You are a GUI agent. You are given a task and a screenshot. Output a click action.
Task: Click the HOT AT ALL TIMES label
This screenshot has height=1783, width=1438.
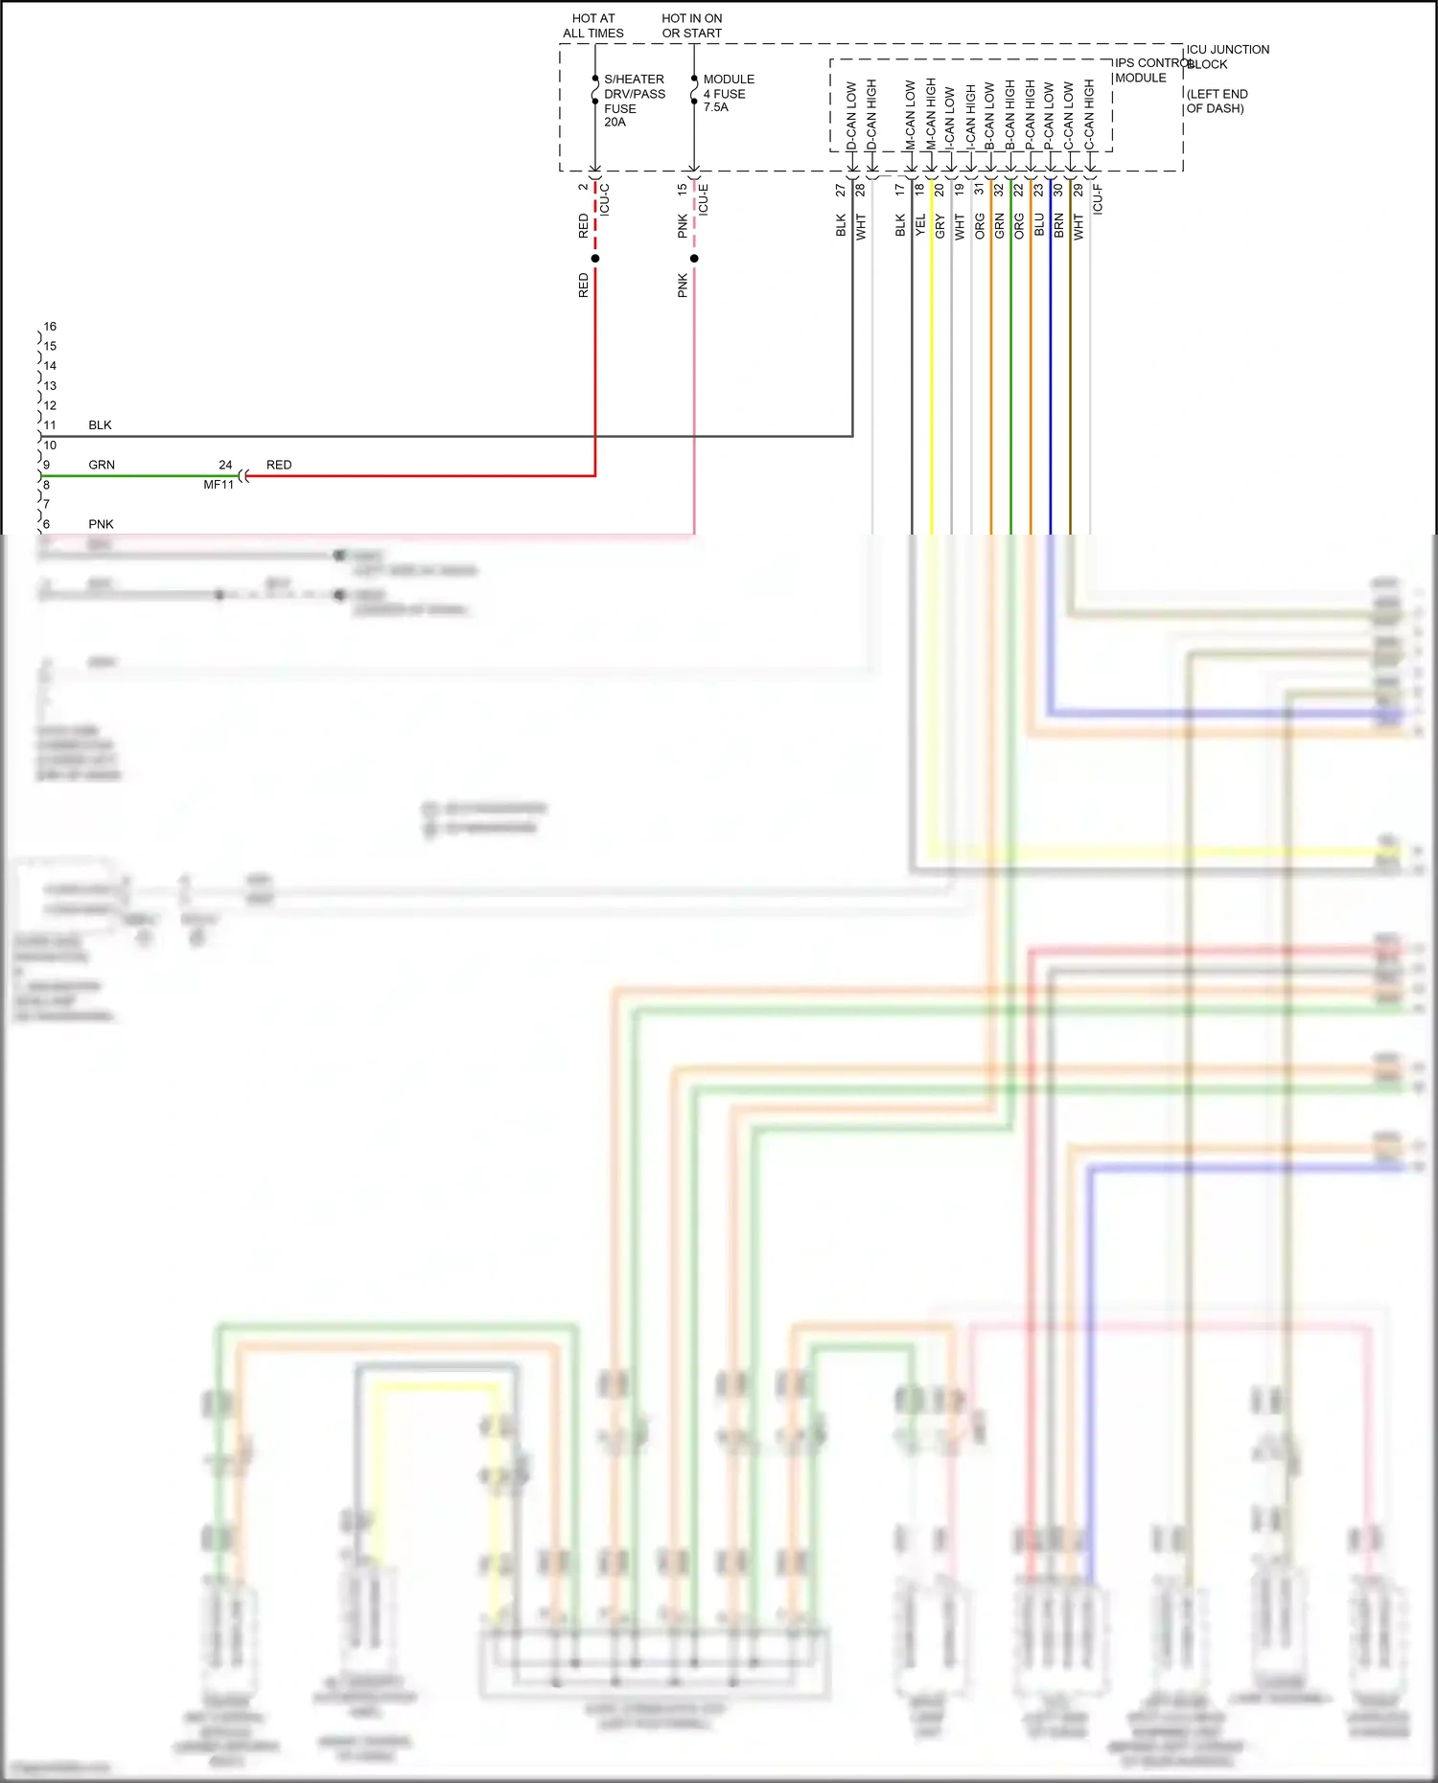(x=592, y=26)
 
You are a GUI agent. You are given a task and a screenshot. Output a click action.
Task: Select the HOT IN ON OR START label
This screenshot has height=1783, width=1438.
(x=691, y=26)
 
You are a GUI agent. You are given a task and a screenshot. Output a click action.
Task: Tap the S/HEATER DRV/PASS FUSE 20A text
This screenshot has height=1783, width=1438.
(x=634, y=101)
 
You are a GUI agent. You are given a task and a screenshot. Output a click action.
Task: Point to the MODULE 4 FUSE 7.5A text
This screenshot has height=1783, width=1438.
(x=728, y=93)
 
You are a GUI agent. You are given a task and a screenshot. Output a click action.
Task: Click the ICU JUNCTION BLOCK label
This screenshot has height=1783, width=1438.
(x=1227, y=57)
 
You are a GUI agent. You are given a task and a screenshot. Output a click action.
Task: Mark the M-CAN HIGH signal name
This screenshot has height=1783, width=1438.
(x=930, y=114)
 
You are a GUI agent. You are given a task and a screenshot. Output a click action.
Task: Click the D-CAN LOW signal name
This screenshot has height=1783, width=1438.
(x=851, y=116)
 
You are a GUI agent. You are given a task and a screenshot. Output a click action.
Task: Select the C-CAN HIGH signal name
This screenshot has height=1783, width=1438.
(x=1089, y=114)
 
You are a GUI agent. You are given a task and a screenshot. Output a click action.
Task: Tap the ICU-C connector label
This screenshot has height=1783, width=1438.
(x=604, y=198)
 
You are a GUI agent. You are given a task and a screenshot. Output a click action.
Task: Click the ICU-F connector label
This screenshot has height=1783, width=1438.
(x=1098, y=198)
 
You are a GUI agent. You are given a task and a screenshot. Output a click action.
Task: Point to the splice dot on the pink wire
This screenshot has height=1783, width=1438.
(x=694, y=259)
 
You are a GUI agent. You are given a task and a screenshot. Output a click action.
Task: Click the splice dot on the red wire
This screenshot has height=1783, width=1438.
(x=595, y=259)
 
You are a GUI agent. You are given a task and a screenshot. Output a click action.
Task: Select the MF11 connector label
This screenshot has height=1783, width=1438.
(x=219, y=485)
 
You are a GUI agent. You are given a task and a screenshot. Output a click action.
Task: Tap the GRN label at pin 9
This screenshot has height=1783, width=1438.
(x=102, y=465)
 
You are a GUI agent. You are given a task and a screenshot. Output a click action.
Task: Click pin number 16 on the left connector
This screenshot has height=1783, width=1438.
(x=50, y=327)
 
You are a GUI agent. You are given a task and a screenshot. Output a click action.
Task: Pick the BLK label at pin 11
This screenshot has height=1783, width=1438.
(x=100, y=425)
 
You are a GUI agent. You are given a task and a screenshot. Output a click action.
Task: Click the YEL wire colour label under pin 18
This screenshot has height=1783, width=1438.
(x=920, y=226)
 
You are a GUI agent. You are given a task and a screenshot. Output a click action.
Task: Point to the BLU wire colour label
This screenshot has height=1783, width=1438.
(x=1039, y=226)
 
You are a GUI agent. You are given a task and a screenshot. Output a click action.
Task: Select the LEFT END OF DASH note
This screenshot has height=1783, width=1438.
(x=1217, y=102)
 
